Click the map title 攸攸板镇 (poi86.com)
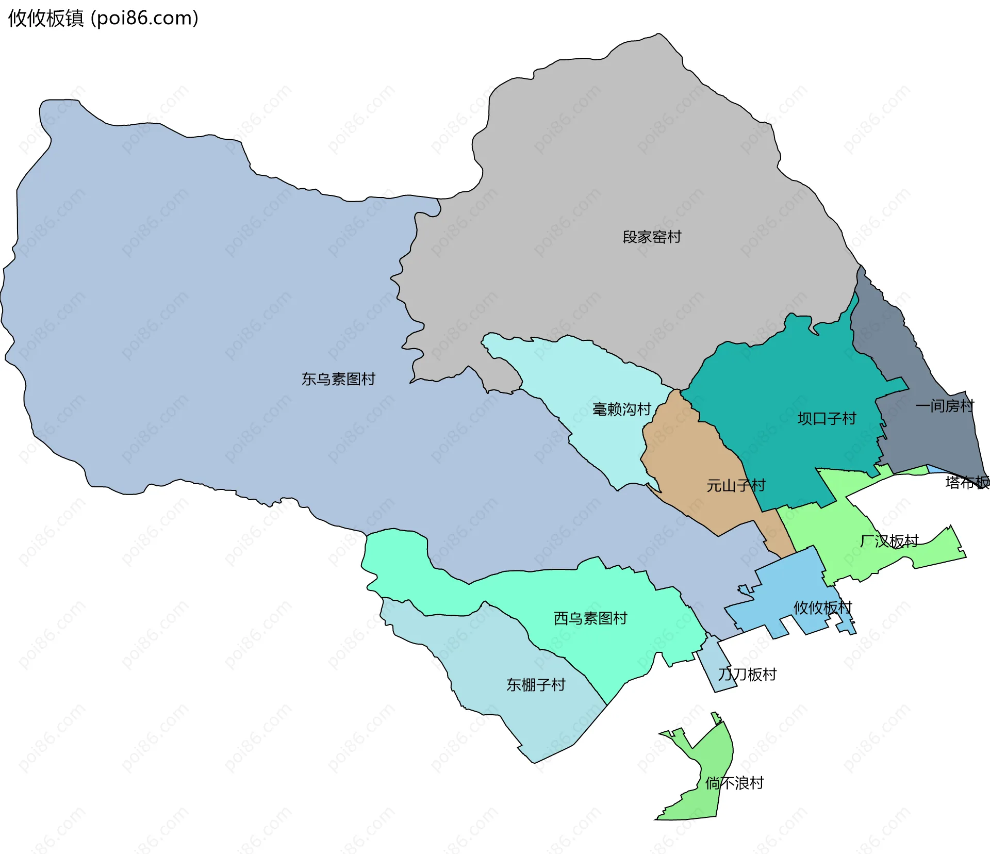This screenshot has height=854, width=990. click(x=103, y=18)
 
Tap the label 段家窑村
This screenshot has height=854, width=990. click(x=652, y=237)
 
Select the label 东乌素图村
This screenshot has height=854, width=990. click(x=338, y=379)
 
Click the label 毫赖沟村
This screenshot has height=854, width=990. click(x=622, y=409)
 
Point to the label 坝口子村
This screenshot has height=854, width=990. click(x=827, y=418)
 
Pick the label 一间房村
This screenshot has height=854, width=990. click(x=945, y=406)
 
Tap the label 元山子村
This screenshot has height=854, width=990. click(x=736, y=485)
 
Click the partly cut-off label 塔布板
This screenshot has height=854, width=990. click(x=967, y=482)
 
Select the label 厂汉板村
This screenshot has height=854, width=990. click(x=889, y=541)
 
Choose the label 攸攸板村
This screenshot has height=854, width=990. click(x=822, y=607)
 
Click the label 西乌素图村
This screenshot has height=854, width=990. click(x=590, y=618)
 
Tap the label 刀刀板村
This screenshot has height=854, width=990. click(x=747, y=674)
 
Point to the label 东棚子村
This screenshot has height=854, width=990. click(x=536, y=684)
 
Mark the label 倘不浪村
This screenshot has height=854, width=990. click(x=734, y=783)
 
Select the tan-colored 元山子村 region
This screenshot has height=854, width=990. click(x=686, y=464)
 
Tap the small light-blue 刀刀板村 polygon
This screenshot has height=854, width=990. click(x=714, y=665)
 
